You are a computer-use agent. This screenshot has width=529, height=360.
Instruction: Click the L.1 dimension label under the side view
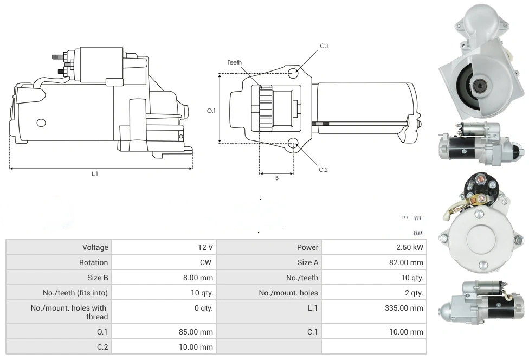point(94,174)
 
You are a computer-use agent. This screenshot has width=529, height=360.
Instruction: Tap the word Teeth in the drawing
point(235,63)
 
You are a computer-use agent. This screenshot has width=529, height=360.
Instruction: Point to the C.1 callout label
point(324,46)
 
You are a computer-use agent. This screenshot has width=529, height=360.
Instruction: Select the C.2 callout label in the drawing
point(324,170)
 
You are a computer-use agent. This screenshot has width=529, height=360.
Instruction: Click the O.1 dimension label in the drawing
point(211,111)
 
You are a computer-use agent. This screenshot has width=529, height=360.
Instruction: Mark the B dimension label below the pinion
point(276,178)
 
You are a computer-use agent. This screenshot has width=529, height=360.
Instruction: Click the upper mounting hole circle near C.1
point(293,73)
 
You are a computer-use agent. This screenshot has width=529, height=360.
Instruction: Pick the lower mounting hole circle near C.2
point(293,143)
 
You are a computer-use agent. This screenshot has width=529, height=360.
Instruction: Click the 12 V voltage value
point(205,247)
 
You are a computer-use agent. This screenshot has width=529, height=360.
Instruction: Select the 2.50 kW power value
point(410,247)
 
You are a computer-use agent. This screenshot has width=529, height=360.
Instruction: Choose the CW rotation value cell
point(208,262)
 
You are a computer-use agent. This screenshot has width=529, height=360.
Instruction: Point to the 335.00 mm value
point(404,308)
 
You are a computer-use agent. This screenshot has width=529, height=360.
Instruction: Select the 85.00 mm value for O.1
point(196,332)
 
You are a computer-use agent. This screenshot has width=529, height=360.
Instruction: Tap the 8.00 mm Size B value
point(198,278)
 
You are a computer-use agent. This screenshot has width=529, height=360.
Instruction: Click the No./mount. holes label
point(288,293)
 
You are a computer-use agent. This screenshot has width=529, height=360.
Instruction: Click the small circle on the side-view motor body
point(41,123)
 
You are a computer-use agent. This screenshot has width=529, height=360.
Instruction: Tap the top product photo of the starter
point(480,62)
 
